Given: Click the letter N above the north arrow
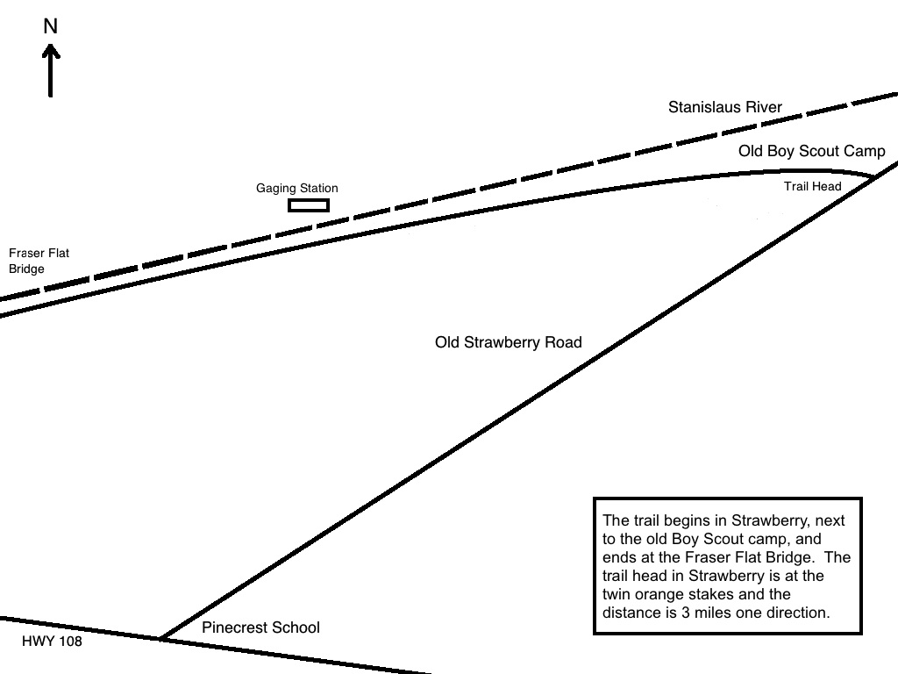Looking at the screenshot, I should point(51,27).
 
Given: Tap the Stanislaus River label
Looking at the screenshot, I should point(724,108).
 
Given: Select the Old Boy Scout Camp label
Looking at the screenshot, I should point(811,151).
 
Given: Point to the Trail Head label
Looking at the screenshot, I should point(812,186).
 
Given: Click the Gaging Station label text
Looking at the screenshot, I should point(296,188).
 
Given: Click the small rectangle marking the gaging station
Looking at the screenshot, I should point(309,205).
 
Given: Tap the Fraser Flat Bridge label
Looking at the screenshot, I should point(39,261).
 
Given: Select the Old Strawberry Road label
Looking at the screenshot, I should point(508,342).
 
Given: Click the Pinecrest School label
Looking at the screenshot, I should point(260,627).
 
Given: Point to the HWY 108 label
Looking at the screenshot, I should point(52,642).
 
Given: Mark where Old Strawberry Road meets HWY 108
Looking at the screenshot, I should point(160,638).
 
